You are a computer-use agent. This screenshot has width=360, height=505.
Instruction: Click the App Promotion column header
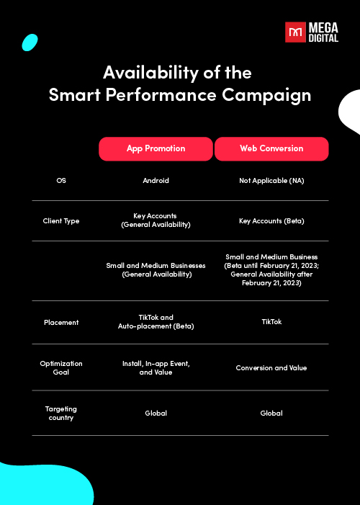(156, 149)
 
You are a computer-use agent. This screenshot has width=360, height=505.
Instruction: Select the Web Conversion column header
(271, 149)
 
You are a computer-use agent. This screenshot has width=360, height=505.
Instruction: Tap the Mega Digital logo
(312, 32)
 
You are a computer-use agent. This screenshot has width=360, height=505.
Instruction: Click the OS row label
(61, 181)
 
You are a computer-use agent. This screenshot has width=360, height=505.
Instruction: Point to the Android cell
(156, 181)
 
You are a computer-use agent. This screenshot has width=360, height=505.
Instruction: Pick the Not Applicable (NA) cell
(271, 181)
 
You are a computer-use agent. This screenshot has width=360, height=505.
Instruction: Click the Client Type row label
(61, 221)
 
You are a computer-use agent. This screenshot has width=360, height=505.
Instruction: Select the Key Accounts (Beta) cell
(271, 221)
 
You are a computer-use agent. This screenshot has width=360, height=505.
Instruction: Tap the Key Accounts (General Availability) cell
(156, 220)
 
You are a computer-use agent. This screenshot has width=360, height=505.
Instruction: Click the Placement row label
(61, 323)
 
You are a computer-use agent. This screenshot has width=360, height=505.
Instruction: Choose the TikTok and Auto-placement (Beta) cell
(156, 322)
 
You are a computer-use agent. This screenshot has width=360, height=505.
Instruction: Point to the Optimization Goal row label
(61, 368)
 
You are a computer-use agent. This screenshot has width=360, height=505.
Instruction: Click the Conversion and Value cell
(271, 368)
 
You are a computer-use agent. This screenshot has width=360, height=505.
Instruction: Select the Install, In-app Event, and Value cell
(156, 368)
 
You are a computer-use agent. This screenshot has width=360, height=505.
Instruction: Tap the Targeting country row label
(61, 414)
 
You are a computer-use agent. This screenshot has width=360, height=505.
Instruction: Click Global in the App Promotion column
(156, 414)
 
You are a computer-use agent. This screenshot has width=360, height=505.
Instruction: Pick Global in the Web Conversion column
(271, 414)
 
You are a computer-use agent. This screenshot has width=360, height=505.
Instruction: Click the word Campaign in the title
(266, 96)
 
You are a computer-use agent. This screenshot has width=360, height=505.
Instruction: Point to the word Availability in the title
(150, 73)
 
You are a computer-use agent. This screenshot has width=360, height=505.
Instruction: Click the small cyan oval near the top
(30, 43)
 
